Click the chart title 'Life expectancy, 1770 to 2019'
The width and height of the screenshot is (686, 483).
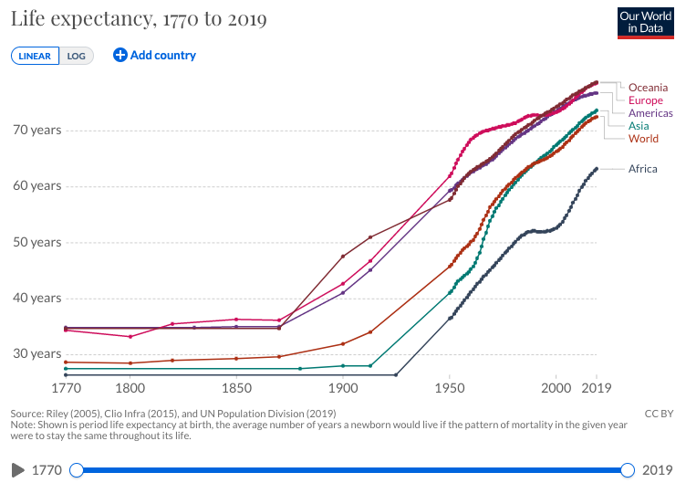(139, 19)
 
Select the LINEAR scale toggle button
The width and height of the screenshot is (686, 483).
(35, 56)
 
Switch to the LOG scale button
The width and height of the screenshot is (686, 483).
(77, 56)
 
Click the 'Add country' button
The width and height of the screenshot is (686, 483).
(154, 55)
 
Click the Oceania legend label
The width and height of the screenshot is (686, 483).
(648, 88)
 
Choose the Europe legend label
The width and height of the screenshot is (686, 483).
(646, 100)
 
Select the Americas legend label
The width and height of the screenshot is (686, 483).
(650, 113)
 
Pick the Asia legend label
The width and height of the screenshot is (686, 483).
(639, 126)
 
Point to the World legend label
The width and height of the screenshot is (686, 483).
(643, 139)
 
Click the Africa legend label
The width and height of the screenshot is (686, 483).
(642, 169)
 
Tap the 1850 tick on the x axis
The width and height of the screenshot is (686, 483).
(236, 388)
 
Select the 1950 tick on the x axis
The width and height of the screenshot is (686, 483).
(450, 388)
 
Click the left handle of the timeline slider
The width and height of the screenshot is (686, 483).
(77, 469)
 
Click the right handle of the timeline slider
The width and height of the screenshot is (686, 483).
(628, 469)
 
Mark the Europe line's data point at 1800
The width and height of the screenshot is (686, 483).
(130, 337)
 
